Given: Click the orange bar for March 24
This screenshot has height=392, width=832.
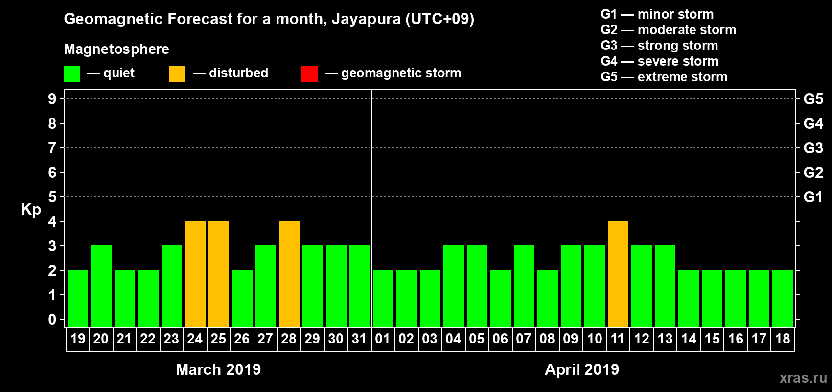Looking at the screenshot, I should click(x=195, y=274).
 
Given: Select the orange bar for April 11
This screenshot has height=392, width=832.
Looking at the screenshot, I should click(x=618, y=274).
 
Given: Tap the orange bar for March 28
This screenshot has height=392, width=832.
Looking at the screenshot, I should click(x=289, y=274).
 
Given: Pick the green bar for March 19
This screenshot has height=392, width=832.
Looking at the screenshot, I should click(x=78, y=298).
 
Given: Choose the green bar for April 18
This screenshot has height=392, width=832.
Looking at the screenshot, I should click(x=783, y=298).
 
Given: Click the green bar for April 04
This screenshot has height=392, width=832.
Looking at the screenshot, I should click(x=454, y=286).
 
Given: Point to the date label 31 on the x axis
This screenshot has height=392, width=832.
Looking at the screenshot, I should click(x=359, y=339).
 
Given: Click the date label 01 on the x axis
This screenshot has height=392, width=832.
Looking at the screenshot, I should click(x=383, y=339).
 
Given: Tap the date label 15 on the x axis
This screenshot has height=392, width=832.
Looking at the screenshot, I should click(x=712, y=339).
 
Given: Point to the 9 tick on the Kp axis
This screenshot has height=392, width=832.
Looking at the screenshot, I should click(x=52, y=99).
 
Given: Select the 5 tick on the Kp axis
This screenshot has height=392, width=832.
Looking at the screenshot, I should click(x=52, y=197).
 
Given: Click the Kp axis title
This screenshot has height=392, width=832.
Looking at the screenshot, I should click(x=31, y=210).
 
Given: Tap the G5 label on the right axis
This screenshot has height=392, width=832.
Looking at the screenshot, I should click(x=813, y=99).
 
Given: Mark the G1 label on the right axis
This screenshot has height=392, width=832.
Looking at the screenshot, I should click(x=813, y=197).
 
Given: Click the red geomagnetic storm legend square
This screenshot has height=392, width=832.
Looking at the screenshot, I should click(x=309, y=74).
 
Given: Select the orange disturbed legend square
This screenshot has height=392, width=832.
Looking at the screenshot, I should click(x=177, y=74).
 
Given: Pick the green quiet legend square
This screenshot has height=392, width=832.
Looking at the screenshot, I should click(x=71, y=74).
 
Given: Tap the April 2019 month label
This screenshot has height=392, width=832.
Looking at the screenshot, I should click(x=582, y=369).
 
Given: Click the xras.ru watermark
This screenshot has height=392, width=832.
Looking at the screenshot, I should click(x=803, y=378).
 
